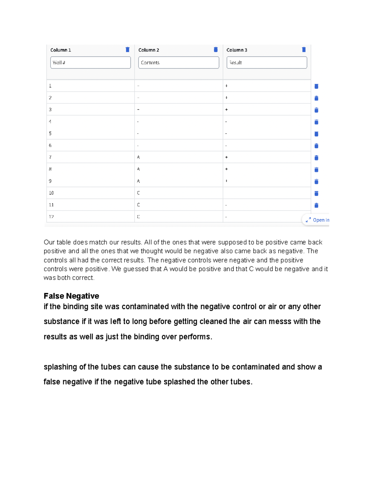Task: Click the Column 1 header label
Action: click(x=60, y=50)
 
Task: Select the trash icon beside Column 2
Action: click(x=216, y=50)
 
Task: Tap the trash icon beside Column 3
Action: click(x=304, y=50)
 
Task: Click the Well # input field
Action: click(x=90, y=63)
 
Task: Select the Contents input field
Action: click(x=179, y=63)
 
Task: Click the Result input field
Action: click(x=267, y=63)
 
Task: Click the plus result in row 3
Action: click(x=227, y=110)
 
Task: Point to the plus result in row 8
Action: click(x=227, y=169)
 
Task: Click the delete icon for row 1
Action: click(x=316, y=86)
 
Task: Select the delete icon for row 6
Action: click(x=316, y=146)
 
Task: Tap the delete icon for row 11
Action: click(x=316, y=205)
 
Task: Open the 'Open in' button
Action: click(x=317, y=220)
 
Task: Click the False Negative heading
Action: click(x=71, y=296)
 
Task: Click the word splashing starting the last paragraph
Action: click(x=60, y=367)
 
